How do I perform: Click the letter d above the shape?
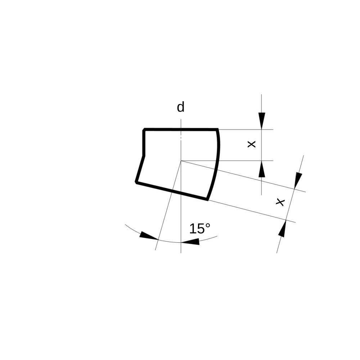tap(180, 107)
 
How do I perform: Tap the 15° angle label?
tap(200, 229)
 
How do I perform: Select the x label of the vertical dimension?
tap(252, 144)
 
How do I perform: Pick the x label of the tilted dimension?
tap(280, 202)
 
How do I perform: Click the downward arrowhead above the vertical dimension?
tap(262, 121)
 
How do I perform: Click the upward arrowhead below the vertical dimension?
tap(262, 169)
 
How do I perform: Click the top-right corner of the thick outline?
tap(217, 130)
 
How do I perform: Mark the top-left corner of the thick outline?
tap(144, 130)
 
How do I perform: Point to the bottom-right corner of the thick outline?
tap(208, 199)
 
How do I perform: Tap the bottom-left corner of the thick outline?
tap(136, 183)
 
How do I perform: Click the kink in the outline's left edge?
tap(144, 156)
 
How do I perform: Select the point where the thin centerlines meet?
tap(181, 161)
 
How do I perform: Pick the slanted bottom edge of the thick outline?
tap(172, 191)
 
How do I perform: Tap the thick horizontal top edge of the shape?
tap(181, 130)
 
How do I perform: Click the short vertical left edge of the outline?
tap(144, 143)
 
